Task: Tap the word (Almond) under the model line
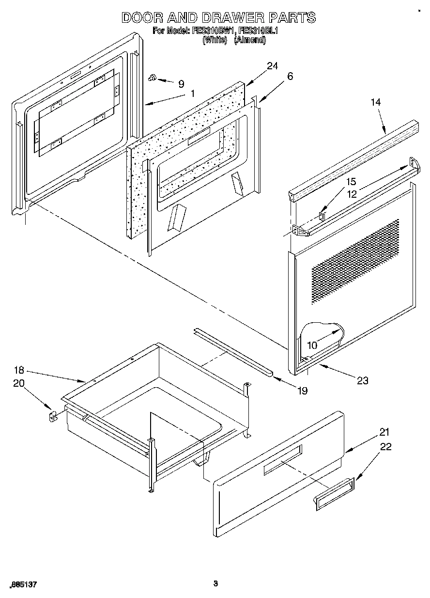(x=250, y=41)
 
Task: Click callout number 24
(x=272, y=66)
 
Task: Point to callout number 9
(x=181, y=84)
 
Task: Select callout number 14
(x=376, y=102)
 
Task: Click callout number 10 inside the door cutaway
(x=312, y=346)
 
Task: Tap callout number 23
(x=363, y=380)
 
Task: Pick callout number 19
(x=302, y=391)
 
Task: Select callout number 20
(x=19, y=383)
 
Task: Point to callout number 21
(x=384, y=432)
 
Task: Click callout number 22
(x=386, y=447)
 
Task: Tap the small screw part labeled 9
(x=153, y=77)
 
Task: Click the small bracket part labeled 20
(x=53, y=416)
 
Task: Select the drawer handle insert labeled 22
(x=334, y=493)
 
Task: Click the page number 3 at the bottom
(x=215, y=583)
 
